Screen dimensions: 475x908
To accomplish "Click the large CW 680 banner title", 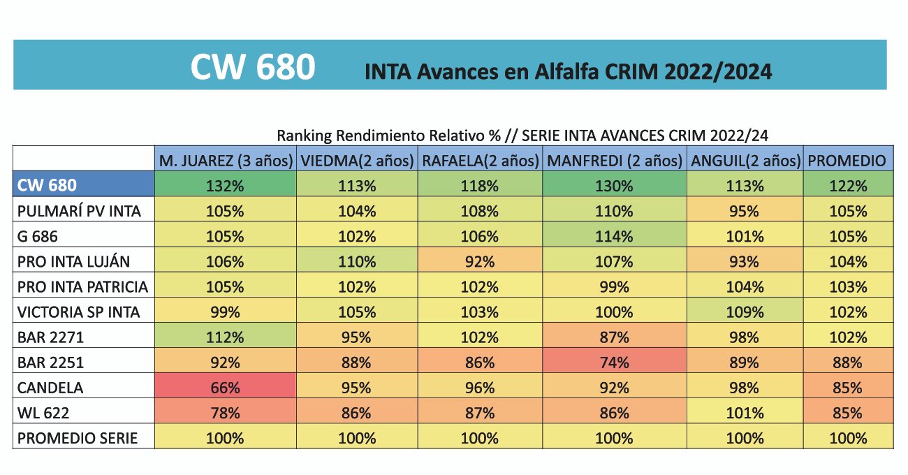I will tap(253, 68).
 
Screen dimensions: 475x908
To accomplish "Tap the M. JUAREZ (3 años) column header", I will tap(225, 161).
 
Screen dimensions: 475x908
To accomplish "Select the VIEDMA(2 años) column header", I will tap(357, 161).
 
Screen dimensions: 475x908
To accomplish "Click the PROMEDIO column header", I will tap(847, 161).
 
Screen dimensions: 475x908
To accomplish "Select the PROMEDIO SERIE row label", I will tap(78, 439).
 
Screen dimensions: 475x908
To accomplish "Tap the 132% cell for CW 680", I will tap(225, 187).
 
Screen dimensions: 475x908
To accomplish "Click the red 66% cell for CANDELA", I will tap(225, 388).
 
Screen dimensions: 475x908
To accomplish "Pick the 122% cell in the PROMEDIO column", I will tap(847, 187).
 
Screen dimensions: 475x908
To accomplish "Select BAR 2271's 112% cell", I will tap(225, 338).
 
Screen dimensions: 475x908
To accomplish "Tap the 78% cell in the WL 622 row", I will tap(225, 414).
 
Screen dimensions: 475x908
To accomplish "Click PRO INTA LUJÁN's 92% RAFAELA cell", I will tap(479, 262).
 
